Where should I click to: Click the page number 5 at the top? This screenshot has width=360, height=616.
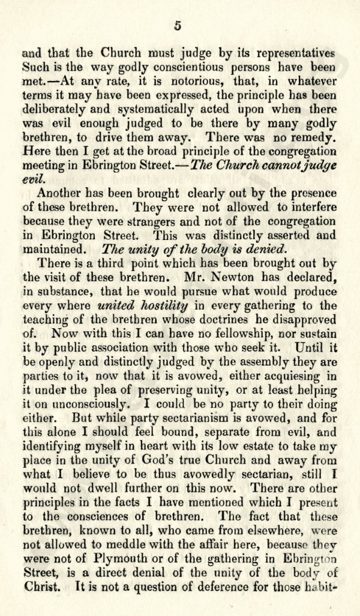[x=178, y=25]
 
